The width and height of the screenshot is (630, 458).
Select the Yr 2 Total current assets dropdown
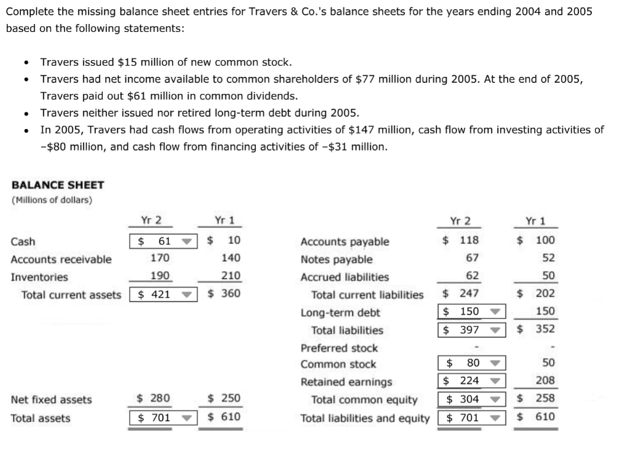click(162, 294)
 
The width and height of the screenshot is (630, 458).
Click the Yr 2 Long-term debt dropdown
click(471, 312)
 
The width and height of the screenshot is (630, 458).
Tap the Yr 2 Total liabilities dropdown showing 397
click(471, 330)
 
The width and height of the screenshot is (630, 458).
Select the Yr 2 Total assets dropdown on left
click(162, 418)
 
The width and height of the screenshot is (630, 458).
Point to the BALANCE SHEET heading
click(58, 185)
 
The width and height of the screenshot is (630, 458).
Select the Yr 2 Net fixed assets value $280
click(153, 399)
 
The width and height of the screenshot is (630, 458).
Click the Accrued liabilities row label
click(345, 277)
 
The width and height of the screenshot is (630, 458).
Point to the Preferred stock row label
click(339, 348)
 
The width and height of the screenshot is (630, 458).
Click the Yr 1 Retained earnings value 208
click(544, 381)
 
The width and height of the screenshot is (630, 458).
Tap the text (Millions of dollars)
click(52, 200)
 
